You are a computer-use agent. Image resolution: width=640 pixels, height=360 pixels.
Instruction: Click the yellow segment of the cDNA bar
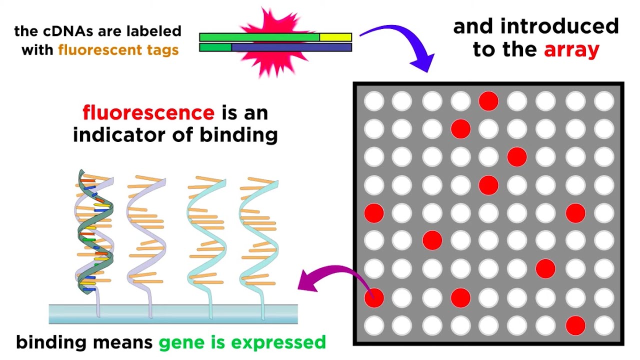[x=335, y=37]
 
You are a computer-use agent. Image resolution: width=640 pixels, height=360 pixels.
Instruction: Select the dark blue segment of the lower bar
[x=291, y=47]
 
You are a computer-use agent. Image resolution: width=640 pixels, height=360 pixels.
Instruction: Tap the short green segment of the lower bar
[x=215, y=47]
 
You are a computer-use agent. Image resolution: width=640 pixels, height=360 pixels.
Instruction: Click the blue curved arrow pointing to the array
[x=400, y=42]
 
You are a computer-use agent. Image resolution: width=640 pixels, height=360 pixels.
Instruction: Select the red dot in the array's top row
[x=488, y=101]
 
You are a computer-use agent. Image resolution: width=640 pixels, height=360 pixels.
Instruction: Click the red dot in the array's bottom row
[x=575, y=325]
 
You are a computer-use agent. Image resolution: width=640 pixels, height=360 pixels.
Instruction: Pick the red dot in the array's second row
[x=460, y=129]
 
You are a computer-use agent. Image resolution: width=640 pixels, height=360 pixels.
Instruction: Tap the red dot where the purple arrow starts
[x=374, y=298]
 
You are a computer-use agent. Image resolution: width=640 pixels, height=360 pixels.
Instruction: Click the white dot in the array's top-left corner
[x=374, y=101]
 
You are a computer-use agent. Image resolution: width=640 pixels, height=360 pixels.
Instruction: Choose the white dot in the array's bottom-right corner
[x=604, y=325]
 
